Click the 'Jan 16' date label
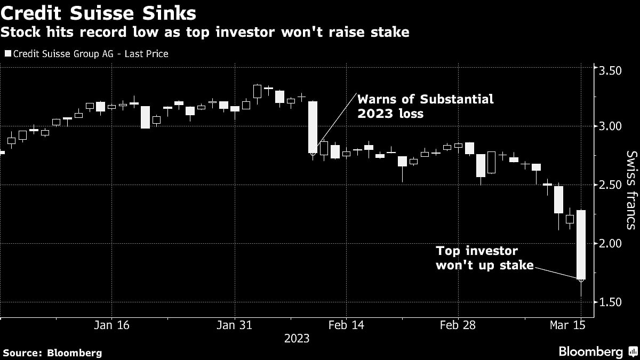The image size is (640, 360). (112, 325)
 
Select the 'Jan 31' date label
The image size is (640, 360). (235, 325)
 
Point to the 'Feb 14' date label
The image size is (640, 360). (345, 325)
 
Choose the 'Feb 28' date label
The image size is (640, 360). (458, 325)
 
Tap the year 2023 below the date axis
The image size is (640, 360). (297, 338)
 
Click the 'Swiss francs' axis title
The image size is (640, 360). (631, 190)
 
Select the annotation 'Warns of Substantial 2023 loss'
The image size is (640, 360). (425, 106)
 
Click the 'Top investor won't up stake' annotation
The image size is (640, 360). (484, 257)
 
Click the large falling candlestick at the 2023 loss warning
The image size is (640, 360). (313, 127)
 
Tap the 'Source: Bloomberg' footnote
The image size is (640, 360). (52, 353)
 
